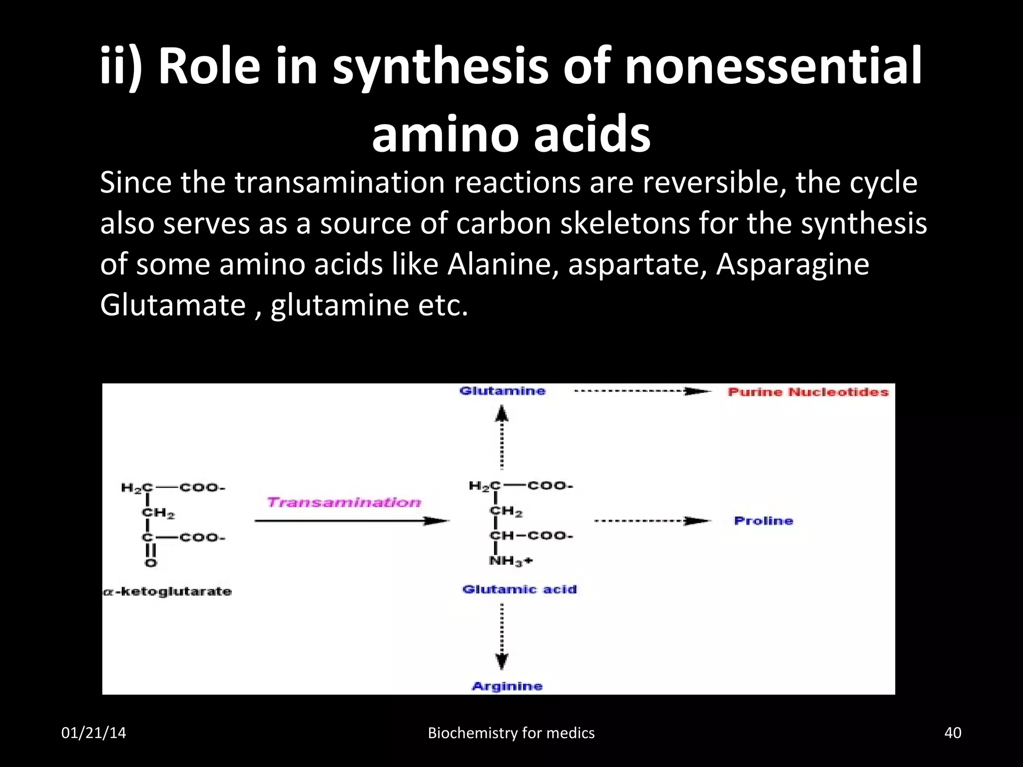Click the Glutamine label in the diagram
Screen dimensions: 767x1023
click(x=502, y=391)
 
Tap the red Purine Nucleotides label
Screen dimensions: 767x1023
click(x=808, y=392)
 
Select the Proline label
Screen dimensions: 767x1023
click(x=763, y=521)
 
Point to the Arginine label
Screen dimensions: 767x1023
click(x=507, y=686)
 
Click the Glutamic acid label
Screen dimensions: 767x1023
click(x=519, y=589)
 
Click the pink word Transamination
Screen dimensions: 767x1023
click(x=344, y=502)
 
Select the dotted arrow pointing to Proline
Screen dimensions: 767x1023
click(x=652, y=521)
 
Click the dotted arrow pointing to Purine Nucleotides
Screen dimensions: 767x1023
click(x=642, y=391)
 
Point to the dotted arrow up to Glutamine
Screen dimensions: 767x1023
click(x=502, y=437)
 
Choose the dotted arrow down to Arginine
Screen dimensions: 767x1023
click(x=502, y=636)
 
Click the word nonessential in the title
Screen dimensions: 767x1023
click(x=773, y=66)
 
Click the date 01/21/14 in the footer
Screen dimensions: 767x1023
click(x=93, y=733)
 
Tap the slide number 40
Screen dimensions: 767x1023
click(x=953, y=733)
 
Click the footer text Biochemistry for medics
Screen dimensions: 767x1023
click(x=511, y=733)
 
